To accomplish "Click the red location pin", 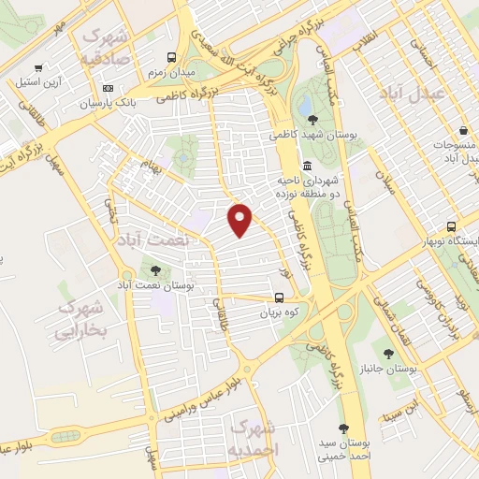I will point(240,219).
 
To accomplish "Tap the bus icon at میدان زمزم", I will point(170,55).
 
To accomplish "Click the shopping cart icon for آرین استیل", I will point(38,67).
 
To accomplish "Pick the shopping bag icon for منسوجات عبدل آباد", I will point(463,131).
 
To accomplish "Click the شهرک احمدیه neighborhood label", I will point(254,439).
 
